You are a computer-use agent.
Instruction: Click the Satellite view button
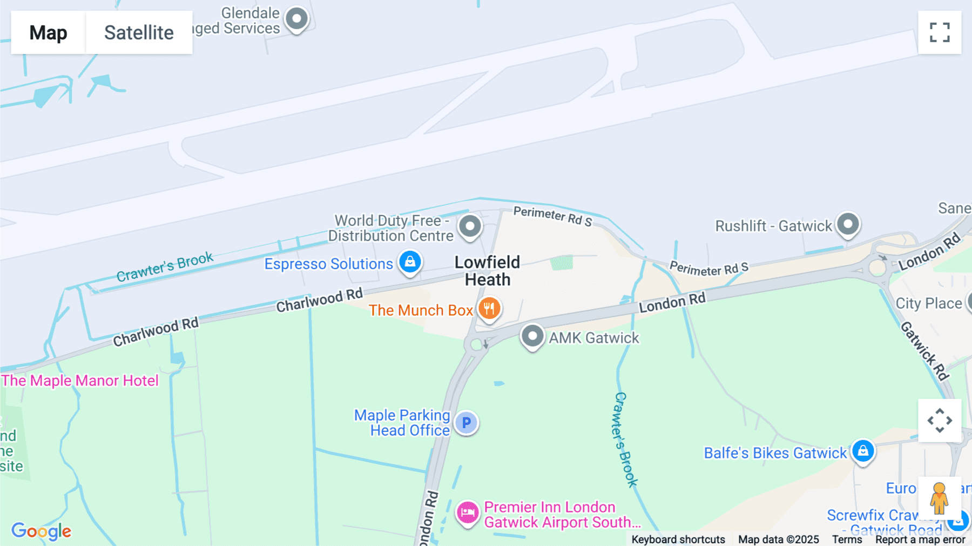pyautogui.click(x=139, y=32)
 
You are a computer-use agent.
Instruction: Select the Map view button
pyautogui.click(x=48, y=32)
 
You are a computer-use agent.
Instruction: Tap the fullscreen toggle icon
pyautogui.click(x=940, y=32)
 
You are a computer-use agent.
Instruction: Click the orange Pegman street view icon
pyautogui.click(x=940, y=498)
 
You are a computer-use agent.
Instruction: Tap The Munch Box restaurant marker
pyautogui.click(x=489, y=309)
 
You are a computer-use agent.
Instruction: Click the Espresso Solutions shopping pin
pyautogui.click(x=410, y=262)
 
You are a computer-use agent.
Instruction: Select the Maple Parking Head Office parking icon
pyautogui.click(x=467, y=423)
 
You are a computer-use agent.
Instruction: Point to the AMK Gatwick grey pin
pyautogui.click(x=532, y=336)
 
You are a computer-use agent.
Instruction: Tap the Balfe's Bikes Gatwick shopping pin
pyautogui.click(x=863, y=451)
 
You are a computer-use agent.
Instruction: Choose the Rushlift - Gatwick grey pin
pyautogui.click(x=848, y=224)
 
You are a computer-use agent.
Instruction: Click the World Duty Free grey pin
pyautogui.click(x=470, y=227)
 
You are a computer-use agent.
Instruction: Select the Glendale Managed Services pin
pyautogui.click(x=296, y=19)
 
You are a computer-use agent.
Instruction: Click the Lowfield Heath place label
pyautogui.click(x=487, y=271)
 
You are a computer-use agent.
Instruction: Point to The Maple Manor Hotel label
pyautogui.click(x=80, y=381)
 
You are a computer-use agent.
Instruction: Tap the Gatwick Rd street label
pyautogui.click(x=924, y=351)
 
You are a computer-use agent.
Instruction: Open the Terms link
pyautogui.click(x=847, y=540)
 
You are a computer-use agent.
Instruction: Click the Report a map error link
pyautogui.click(x=920, y=540)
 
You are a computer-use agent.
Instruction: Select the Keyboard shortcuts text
pyautogui.click(x=678, y=540)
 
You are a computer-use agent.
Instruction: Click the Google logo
pyautogui.click(x=41, y=531)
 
